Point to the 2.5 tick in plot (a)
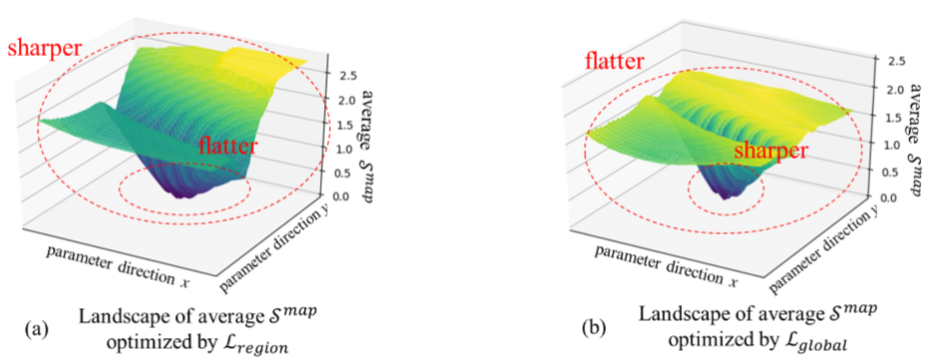pyautogui.click(x=348, y=76)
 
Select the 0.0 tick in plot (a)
pyautogui.click(x=343, y=196)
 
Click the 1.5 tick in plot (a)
pyautogui.click(x=345, y=125)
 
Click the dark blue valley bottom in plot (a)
pyautogui.click(x=185, y=192)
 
